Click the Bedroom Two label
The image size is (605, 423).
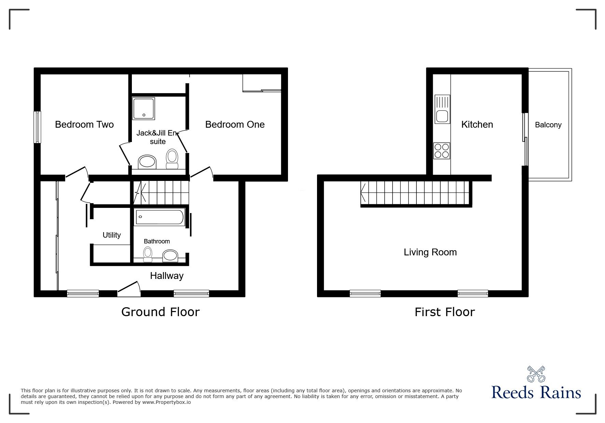[84, 125]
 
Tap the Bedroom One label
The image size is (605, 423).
[235, 125]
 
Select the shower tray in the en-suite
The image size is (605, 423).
[143, 109]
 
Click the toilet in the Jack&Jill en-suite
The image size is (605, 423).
[172, 159]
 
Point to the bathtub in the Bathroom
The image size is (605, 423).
[160, 217]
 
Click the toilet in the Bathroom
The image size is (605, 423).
[148, 255]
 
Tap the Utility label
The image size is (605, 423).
[112, 235]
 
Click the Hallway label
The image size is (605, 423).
[167, 276]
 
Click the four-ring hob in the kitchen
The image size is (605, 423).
[441, 151]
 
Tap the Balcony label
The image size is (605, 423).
[548, 125]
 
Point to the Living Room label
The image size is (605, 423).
[430, 252]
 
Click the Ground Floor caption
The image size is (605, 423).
[160, 312]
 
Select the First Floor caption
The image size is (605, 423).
[444, 312]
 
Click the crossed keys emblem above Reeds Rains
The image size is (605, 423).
[536, 374]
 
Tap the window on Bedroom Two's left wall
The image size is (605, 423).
[37, 127]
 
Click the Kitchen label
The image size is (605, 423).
[477, 125]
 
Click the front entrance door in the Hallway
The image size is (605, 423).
[129, 288]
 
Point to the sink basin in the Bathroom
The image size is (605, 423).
[170, 256]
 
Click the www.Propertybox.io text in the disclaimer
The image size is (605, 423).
[166, 402]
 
